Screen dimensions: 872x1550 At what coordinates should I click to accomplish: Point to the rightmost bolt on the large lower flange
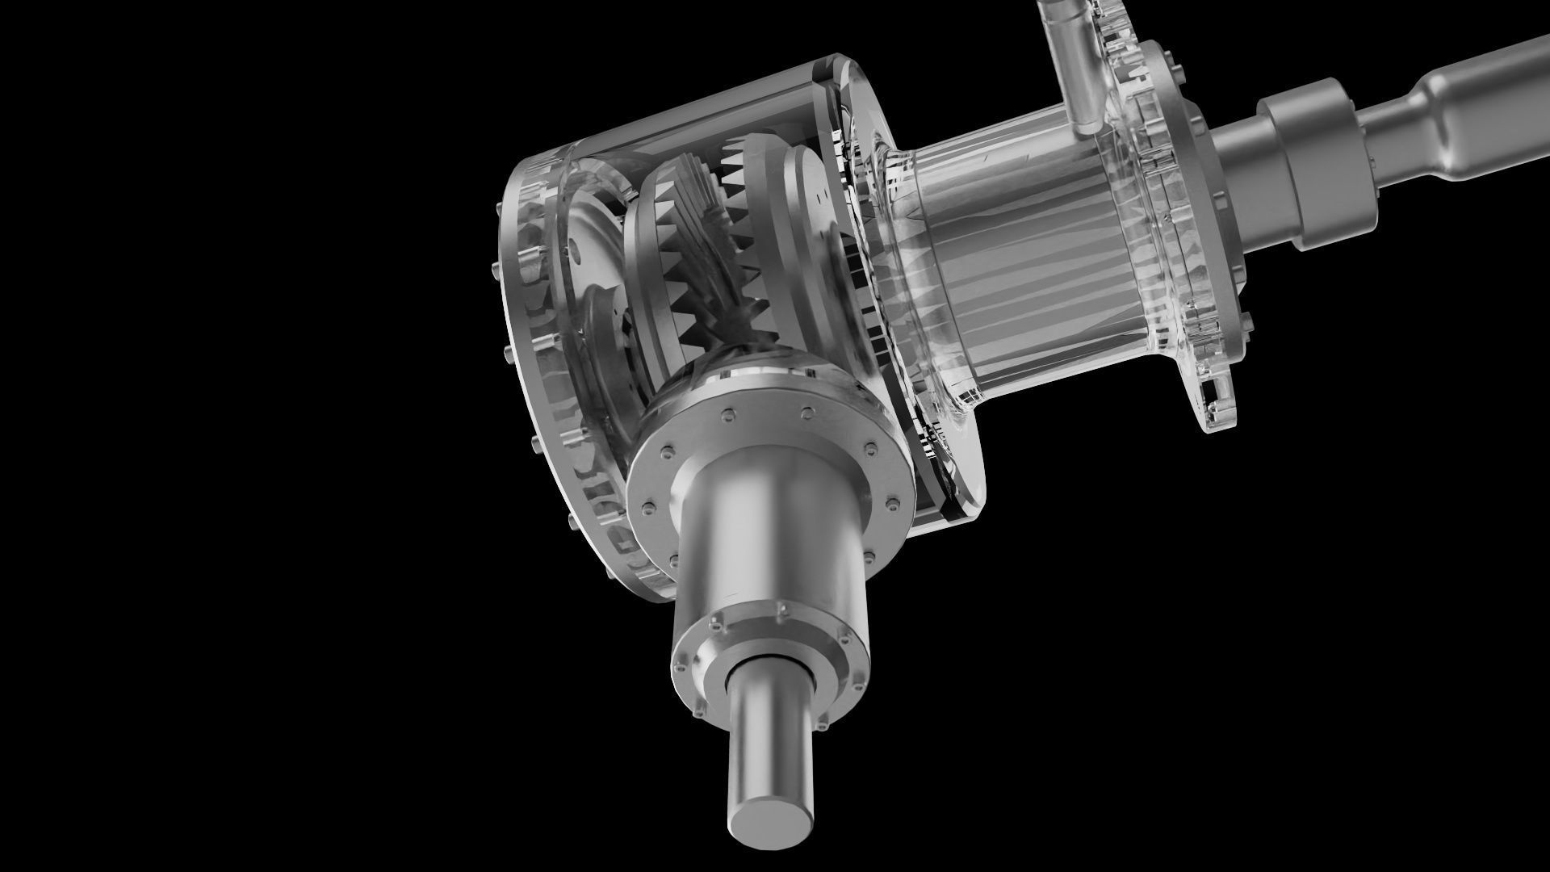891,505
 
